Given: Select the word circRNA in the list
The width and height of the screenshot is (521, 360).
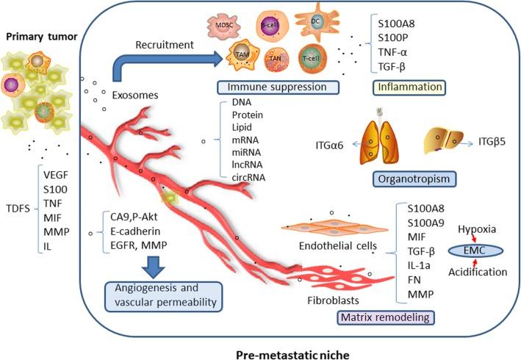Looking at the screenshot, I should (248, 176).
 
